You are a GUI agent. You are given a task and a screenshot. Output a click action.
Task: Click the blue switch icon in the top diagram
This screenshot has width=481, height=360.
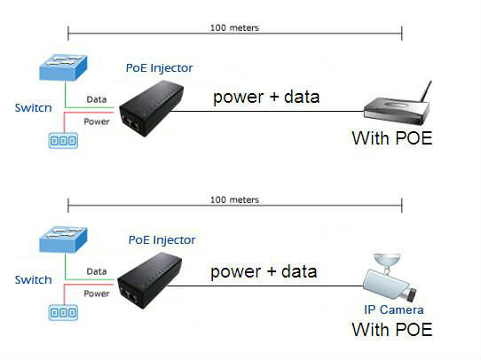pos(64,67)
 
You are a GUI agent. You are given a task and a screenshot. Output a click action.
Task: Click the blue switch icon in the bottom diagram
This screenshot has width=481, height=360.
pos(64,239)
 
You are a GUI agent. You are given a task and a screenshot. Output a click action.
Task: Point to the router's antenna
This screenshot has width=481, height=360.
pos(426,91)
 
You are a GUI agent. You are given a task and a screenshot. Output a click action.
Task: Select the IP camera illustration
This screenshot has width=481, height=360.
pos(390,278)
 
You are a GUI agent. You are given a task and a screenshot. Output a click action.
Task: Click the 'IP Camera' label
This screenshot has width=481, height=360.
pos(394,309)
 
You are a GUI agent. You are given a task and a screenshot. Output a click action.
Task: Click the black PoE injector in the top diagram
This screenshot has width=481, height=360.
pos(151,108)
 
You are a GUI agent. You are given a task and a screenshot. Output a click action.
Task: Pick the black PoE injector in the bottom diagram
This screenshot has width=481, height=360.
pos(150,280)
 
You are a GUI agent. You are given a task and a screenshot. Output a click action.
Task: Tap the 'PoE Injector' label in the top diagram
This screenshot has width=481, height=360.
pos(160,68)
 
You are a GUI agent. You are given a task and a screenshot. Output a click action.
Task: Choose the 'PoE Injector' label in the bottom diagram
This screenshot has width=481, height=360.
pos(162,240)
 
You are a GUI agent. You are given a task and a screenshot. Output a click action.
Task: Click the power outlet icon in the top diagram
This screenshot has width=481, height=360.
pos(63,141)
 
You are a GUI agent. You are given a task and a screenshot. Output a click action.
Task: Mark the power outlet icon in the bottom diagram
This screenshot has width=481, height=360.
pos(63,312)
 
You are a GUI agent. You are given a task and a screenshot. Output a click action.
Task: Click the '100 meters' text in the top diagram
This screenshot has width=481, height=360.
pos(234,27)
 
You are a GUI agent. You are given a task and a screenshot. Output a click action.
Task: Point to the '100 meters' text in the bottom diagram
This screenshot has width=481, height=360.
pos(234,200)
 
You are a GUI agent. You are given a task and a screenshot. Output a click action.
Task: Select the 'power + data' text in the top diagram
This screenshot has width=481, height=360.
pos(266,98)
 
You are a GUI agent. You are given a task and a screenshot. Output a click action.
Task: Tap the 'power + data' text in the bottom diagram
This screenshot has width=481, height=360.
pos(264,272)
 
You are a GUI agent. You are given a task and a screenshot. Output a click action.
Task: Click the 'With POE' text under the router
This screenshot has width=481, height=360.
pos(392,138)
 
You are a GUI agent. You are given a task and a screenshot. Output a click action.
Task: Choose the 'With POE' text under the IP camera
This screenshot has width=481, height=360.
pos(392,330)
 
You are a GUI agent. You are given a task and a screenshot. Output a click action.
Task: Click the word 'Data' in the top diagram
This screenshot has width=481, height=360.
pos(97,99)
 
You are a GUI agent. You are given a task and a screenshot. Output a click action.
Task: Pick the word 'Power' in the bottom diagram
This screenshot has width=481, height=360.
pos(97,293)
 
